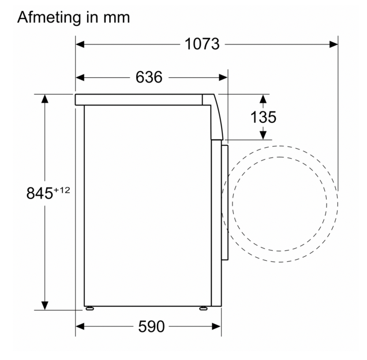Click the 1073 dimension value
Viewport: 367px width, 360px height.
pyautogui.click(x=202, y=44)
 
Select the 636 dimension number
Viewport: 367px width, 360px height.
pyautogui.click(x=149, y=77)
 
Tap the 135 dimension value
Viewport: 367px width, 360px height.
pyautogui.click(x=263, y=117)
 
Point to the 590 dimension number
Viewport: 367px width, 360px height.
pyautogui.click(x=151, y=327)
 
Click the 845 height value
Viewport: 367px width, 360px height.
pyautogui.click(x=40, y=193)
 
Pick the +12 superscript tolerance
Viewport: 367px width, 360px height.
pyautogui.click(x=62, y=190)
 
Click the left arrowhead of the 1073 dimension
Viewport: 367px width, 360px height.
pyautogui.click(x=80, y=44)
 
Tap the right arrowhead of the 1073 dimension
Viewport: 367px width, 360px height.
pyautogui.click(x=334, y=44)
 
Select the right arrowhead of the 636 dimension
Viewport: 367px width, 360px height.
pyautogui.click(x=223, y=77)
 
